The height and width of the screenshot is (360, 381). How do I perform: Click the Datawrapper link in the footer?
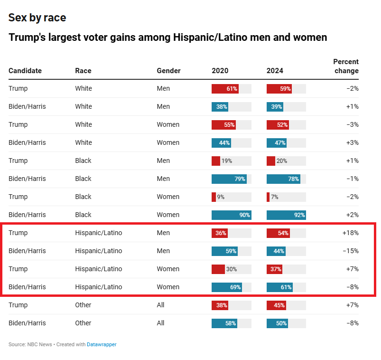(x=102, y=344)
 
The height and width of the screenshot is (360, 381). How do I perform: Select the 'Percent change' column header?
(x=346, y=66)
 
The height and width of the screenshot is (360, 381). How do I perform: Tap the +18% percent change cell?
(x=350, y=233)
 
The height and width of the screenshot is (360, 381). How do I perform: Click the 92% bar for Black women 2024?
(x=286, y=215)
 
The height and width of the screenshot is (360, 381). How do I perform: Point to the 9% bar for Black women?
(x=214, y=197)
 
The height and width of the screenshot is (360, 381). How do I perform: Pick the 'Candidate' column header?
(x=25, y=71)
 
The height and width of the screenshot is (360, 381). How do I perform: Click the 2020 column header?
(x=220, y=71)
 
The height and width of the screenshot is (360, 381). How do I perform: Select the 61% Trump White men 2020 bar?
(x=225, y=88)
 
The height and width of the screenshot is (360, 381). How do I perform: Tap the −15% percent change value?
(x=350, y=251)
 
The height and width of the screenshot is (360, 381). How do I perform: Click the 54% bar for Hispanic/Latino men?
(x=279, y=233)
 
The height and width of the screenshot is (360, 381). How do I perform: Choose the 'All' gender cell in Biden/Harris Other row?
(x=160, y=323)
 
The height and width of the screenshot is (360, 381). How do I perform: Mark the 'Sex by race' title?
(x=37, y=18)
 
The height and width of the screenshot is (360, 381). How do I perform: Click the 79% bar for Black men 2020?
(x=229, y=179)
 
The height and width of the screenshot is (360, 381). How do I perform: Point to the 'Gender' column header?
(x=168, y=71)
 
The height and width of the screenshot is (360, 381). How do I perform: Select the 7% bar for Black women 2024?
(x=268, y=197)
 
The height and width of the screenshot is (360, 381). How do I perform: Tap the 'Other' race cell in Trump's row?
(x=83, y=305)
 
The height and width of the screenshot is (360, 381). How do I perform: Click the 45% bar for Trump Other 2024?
(x=277, y=305)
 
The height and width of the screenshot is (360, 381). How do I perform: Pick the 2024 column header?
(x=275, y=71)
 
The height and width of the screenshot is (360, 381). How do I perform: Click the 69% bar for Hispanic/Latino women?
(x=227, y=287)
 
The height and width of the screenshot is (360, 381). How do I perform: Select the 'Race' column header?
(x=83, y=71)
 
